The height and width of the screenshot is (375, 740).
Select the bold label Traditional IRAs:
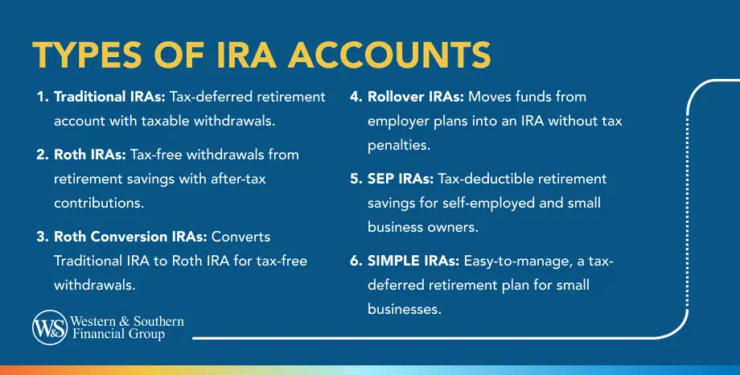(109, 97)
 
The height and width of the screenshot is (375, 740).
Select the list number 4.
(355, 97)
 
